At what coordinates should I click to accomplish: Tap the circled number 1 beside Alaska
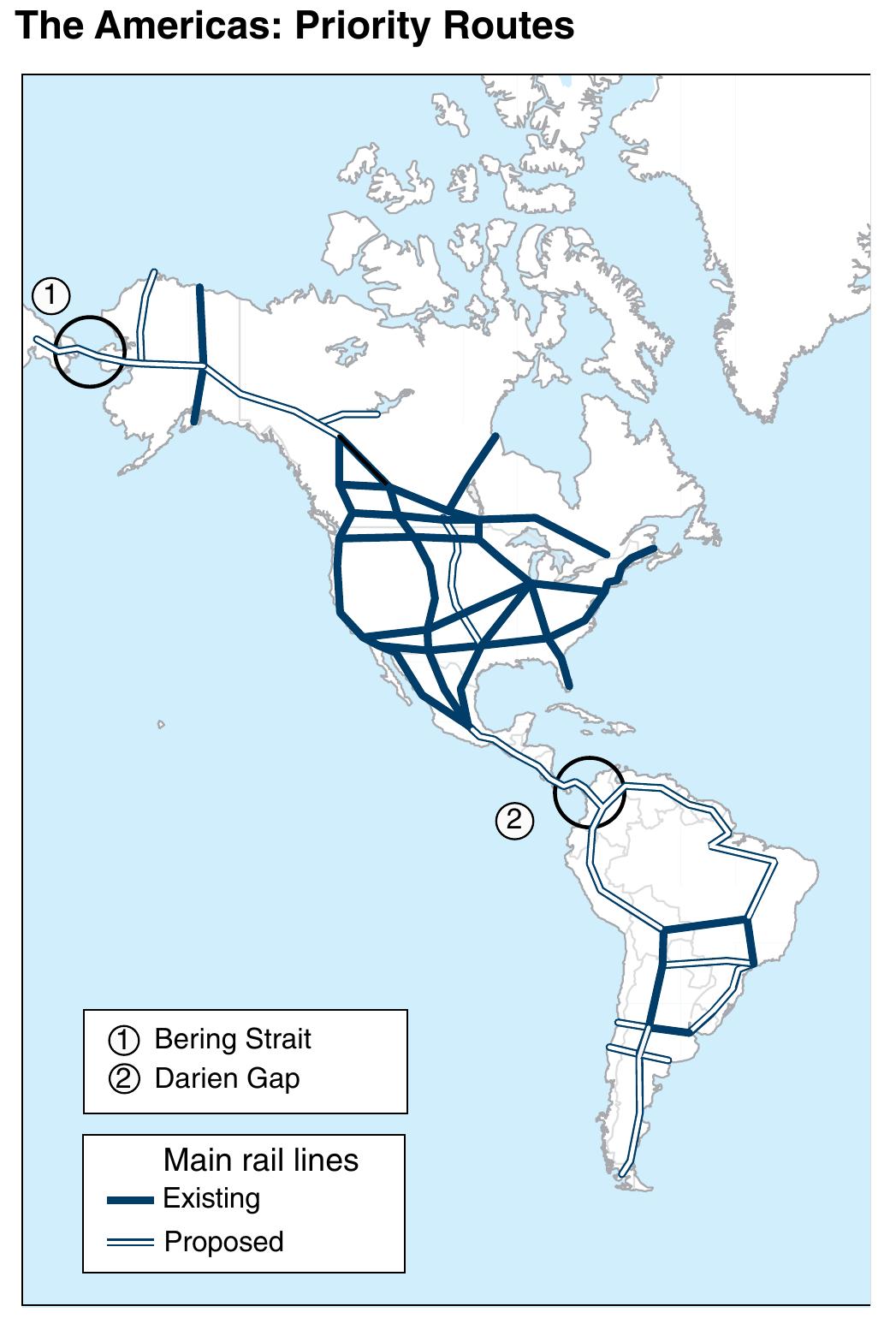pyautogui.click(x=50, y=295)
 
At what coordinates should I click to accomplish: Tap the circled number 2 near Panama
pyautogui.click(x=514, y=821)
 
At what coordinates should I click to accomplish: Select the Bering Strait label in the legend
pyautogui.click(x=232, y=1039)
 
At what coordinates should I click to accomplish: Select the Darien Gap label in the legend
pyautogui.click(x=227, y=1078)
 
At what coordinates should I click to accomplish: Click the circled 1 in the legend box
pyautogui.click(x=123, y=1040)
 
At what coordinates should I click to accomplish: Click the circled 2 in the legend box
pyautogui.click(x=123, y=1078)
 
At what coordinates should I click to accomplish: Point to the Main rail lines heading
pyautogui.click(x=260, y=1160)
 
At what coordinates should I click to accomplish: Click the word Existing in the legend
pyautogui.click(x=211, y=1198)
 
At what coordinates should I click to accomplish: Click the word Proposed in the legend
pyautogui.click(x=223, y=1241)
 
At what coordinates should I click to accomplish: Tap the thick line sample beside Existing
pyautogui.click(x=130, y=1200)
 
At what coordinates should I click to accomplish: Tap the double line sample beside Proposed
pyautogui.click(x=130, y=1242)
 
